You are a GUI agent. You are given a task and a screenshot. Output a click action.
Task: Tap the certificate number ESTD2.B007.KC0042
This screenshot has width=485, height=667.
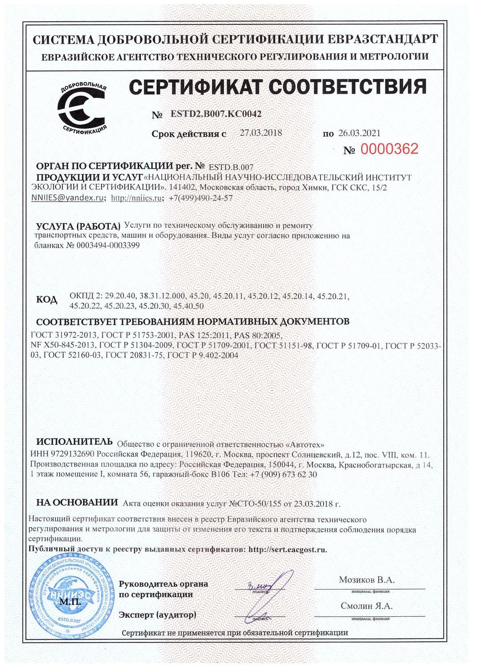(216, 114)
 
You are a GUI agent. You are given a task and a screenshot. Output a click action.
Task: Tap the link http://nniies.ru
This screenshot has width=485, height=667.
(135, 198)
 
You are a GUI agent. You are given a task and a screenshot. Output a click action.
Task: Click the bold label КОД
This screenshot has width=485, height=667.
(47, 300)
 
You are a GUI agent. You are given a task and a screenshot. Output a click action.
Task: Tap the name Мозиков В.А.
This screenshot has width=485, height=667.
(367, 580)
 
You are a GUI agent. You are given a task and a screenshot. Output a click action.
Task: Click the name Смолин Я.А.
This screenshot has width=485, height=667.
(367, 606)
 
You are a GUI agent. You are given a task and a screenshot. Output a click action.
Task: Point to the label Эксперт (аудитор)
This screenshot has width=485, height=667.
(157, 615)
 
